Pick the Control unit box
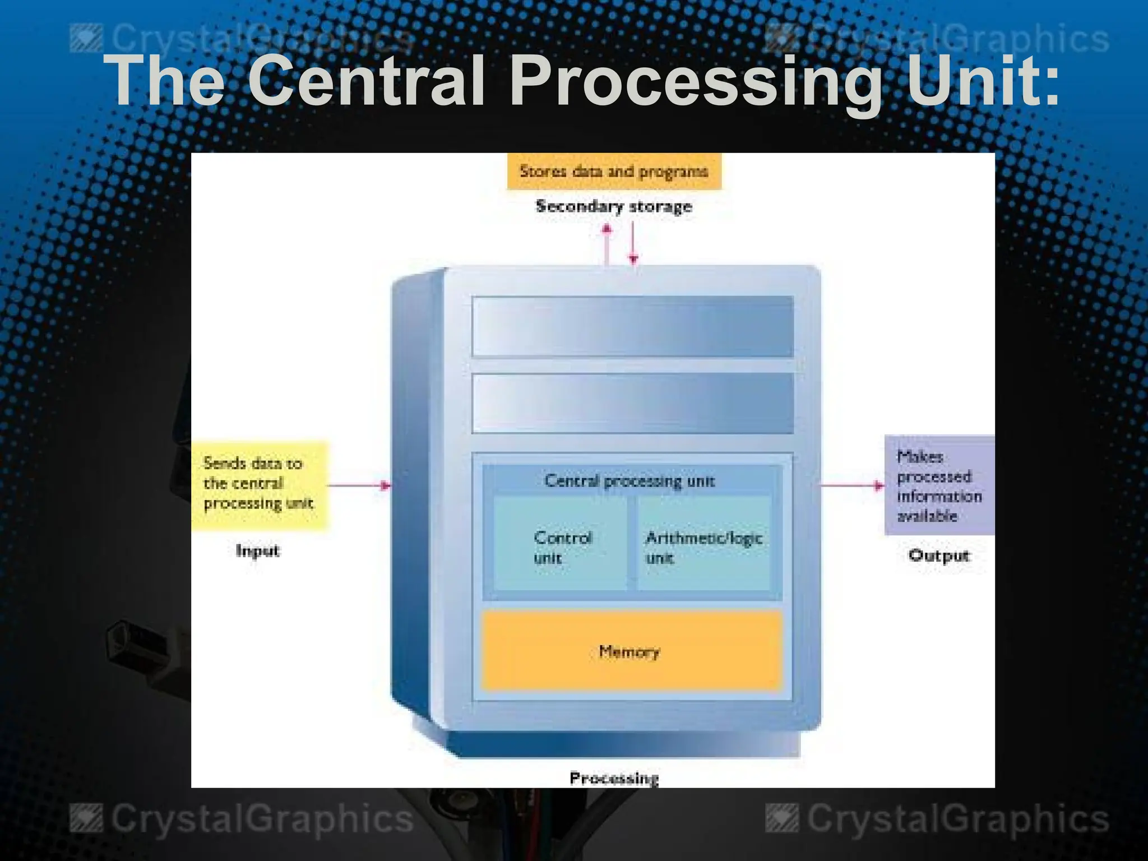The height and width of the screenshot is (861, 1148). [561, 544]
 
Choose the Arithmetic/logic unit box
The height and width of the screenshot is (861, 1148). [704, 544]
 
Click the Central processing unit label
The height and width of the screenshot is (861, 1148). [629, 481]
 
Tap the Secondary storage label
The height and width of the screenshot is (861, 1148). [614, 206]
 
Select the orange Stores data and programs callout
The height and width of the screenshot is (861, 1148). [614, 171]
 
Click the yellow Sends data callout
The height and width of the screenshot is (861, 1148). [259, 484]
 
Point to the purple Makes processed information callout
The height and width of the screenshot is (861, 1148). [938, 485]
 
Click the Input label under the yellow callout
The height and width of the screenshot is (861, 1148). [257, 551]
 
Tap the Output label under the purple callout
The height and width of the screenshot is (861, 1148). [939, 556]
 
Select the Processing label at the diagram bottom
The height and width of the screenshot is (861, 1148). [614, 778]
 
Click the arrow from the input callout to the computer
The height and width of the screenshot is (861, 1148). [359, 485]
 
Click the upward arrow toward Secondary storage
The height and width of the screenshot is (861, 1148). [606, 244]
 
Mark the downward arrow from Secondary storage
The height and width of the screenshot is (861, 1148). [633, 244]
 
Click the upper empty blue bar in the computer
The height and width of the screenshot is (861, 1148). [632, 326]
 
